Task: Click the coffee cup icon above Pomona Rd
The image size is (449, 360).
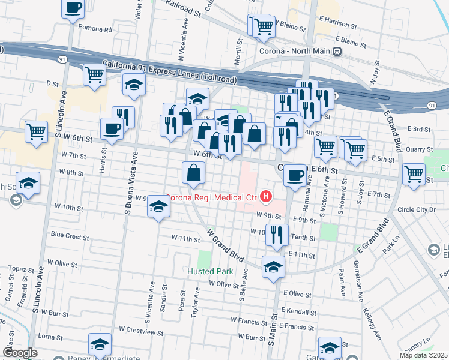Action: [73, 8]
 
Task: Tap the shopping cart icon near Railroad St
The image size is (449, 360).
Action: [263, 26]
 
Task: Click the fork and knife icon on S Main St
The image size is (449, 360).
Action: [276, 233]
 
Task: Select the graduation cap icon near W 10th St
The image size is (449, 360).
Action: [158, 206]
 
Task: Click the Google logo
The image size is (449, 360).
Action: [19, 352]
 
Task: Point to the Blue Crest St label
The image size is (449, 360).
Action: [70, 236]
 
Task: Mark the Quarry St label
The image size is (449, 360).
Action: [419, 149]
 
